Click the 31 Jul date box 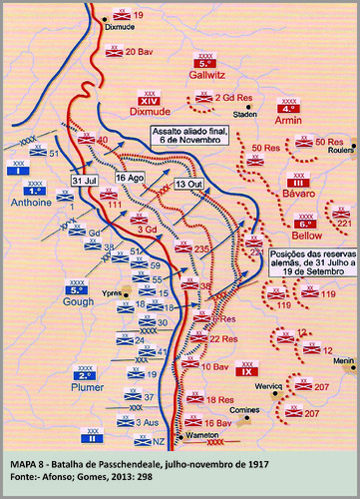point(83,180)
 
